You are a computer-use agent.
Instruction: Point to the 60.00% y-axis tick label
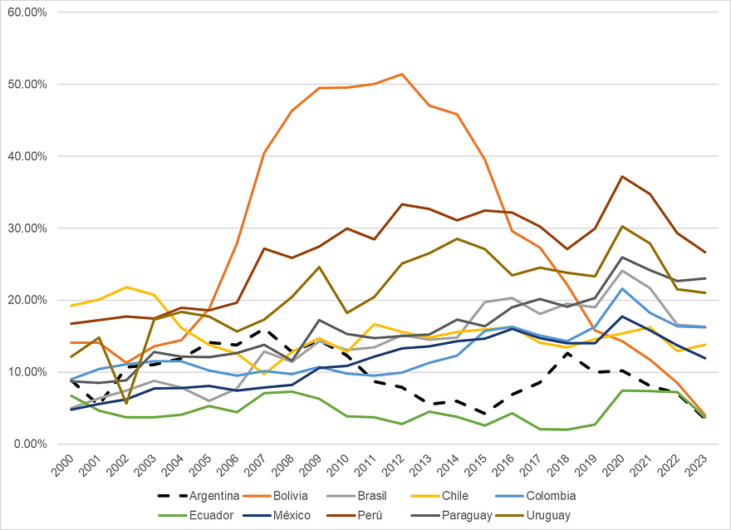(x=28, y=12)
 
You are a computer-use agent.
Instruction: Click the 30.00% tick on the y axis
(x=28, y=228)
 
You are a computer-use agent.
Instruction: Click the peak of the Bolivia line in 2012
(x=402, y=74)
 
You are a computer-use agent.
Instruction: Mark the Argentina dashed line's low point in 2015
(x=485, y=413)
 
